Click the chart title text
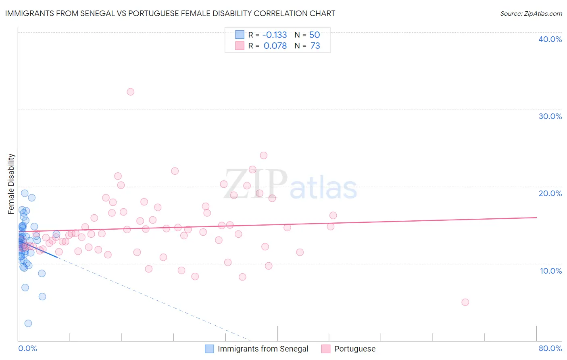coord(170,14)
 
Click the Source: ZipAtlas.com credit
coord(531,14)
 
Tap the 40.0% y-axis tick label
coord(550,39)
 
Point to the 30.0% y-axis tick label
coord(550,116)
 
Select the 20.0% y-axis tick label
coord(550,193)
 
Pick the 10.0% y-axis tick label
coord(550,271)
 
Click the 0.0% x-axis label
coord(27,348)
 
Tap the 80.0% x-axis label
coord(550,348)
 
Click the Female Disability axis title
coord(11,184)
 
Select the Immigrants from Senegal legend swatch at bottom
coord(209,349)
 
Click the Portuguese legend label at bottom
coord(354,349)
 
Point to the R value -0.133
coord(275,35)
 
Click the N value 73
coord(315,46)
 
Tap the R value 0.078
coord(275,46)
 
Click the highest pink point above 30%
coord(130,92)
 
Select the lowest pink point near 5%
coord(465,302)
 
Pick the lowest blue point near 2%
coord(28,323)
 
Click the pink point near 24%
coord(264,155)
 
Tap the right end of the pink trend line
coord(536,218)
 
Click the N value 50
coord(315,35)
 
